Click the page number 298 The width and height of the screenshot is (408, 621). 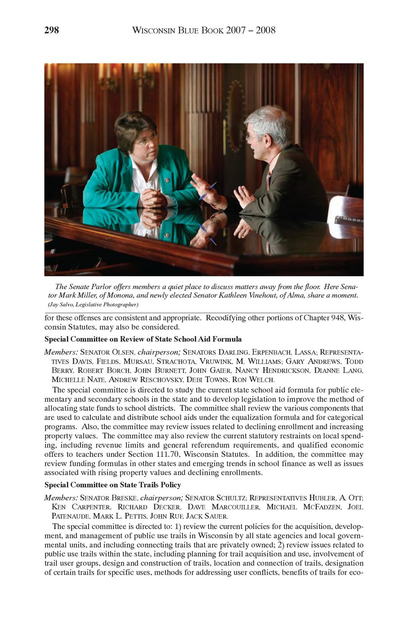52,30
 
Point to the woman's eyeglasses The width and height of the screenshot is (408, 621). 147,140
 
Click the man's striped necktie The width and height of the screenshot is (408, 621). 269,179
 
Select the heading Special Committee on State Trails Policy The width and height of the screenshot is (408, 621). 112,485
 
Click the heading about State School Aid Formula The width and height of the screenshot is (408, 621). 143,339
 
